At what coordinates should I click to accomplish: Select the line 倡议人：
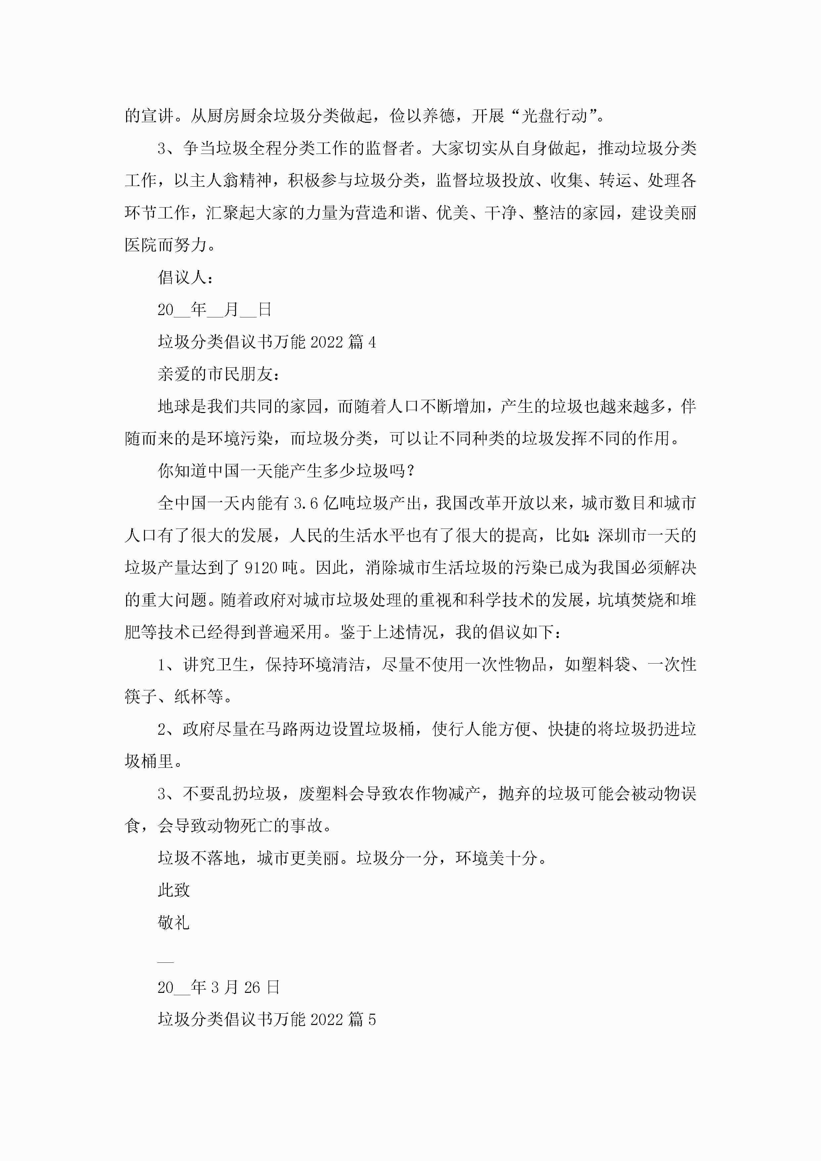(x=186, y=277)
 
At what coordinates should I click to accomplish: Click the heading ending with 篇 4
(x=266, y=342)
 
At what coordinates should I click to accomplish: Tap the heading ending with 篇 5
(x=266, y=1019)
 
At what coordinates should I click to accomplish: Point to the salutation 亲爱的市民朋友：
(x=218, y=374)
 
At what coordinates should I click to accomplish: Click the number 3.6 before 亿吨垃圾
(x=306, y=503)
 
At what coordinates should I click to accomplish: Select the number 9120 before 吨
(x=261, y=568)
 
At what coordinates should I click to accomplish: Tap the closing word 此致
(x=173, y=890)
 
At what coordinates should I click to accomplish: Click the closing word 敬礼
(x=173, y=922)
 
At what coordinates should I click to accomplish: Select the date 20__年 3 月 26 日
(x=218, y=987)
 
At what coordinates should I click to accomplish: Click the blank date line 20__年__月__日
(x=215, y=309)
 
